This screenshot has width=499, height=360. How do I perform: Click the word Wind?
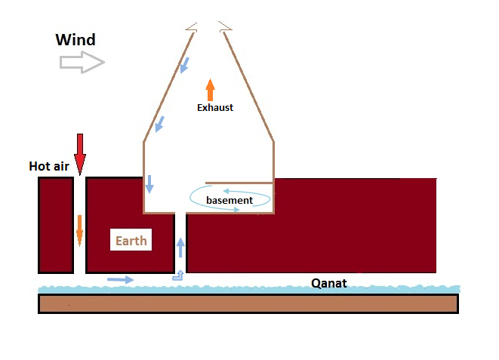tap(75, 39)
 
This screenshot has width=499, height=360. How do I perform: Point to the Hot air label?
tap(49, 166)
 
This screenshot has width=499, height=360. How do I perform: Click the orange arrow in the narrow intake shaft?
tap(79, 230)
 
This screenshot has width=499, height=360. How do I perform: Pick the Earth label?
tap(131, 242)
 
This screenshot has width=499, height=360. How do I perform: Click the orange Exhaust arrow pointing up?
tap(211, 88)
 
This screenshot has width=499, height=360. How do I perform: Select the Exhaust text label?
tap(215, 108)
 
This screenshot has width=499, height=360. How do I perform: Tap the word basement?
tap(229, 200)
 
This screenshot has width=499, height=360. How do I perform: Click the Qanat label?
tap(329, 284)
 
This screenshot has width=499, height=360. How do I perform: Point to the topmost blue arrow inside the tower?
tap(184, 66)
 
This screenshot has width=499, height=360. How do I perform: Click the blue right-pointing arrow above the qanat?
tap(120, 279)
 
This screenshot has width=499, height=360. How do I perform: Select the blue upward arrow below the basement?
tap(180, 248)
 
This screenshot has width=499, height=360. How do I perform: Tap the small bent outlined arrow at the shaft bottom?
tap(178, 275)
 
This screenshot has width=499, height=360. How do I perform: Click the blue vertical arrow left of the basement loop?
tap(149, 183)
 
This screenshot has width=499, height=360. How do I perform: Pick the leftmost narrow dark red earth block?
tap(55, 225)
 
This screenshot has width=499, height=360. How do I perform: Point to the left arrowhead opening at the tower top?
tap(192, 26)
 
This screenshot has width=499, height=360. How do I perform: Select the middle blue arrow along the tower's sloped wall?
tap(159, 124)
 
